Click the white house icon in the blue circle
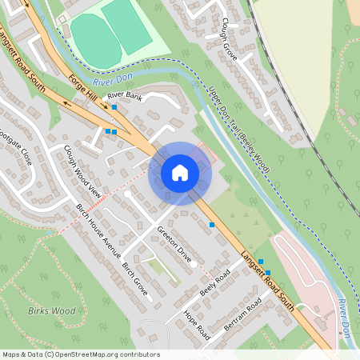pos(180,173)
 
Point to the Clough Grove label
pos(230,39)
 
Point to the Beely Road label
pos(215,285)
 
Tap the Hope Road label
pos(196,324)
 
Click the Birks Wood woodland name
pos(51,310)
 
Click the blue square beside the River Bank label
pos(115,106)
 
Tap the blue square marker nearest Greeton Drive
pos(212,225)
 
